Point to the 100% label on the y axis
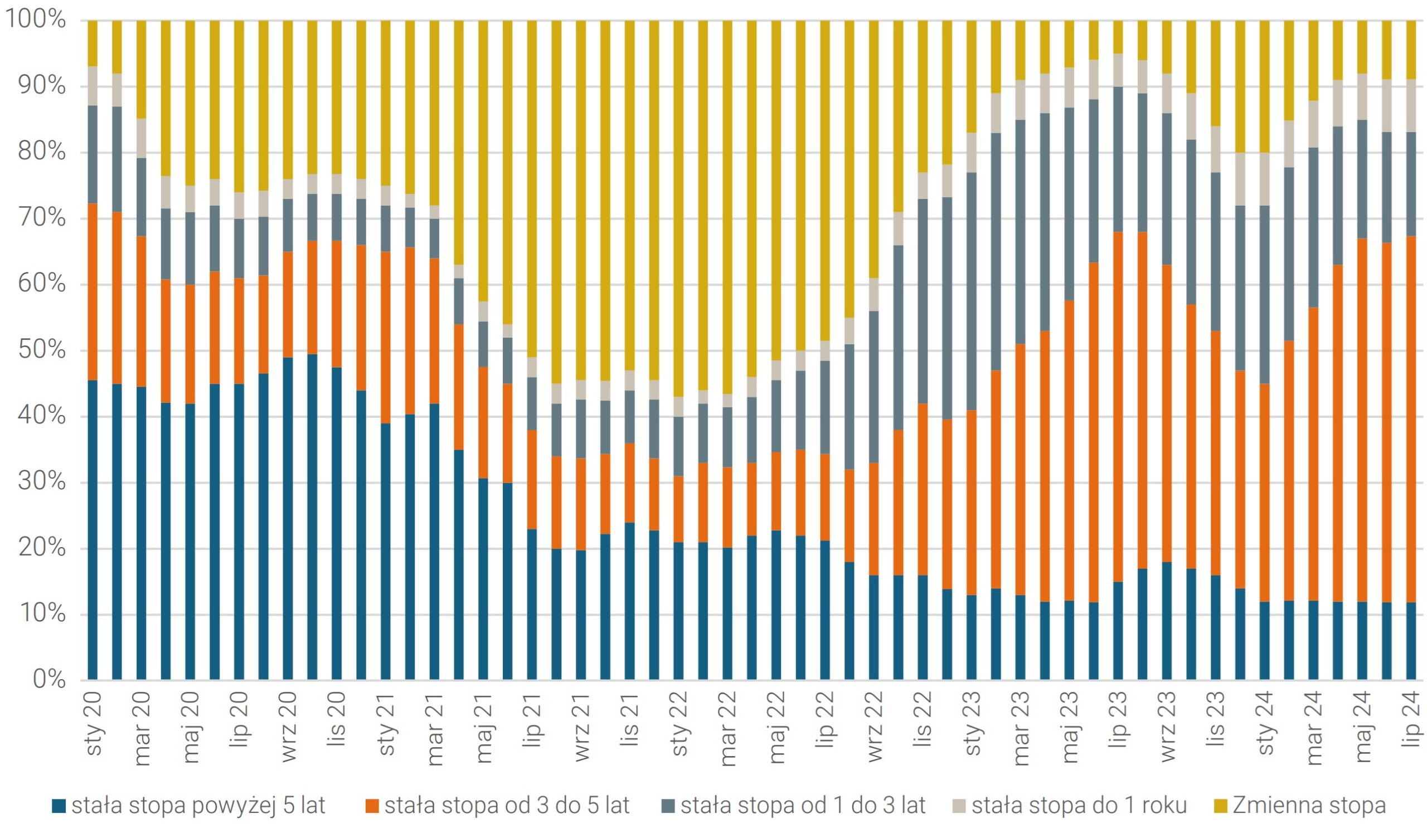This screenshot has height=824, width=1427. click(x=35, y=20)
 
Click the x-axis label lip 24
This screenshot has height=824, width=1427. click(x=1412, y=719)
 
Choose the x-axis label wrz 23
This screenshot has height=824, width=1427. click(x=1168, y=727)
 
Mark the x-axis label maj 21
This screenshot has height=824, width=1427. click(x=484, y=727)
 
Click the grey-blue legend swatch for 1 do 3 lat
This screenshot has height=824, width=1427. click(x=668, y=805)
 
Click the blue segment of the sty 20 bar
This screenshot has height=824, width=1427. click(x=93, y=529)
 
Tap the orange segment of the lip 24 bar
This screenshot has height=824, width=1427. click(x=1411, y=419)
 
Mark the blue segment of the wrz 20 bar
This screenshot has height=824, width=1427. click(x=288, y=518)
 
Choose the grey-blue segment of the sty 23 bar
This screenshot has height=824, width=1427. click(x=972, y=291)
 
